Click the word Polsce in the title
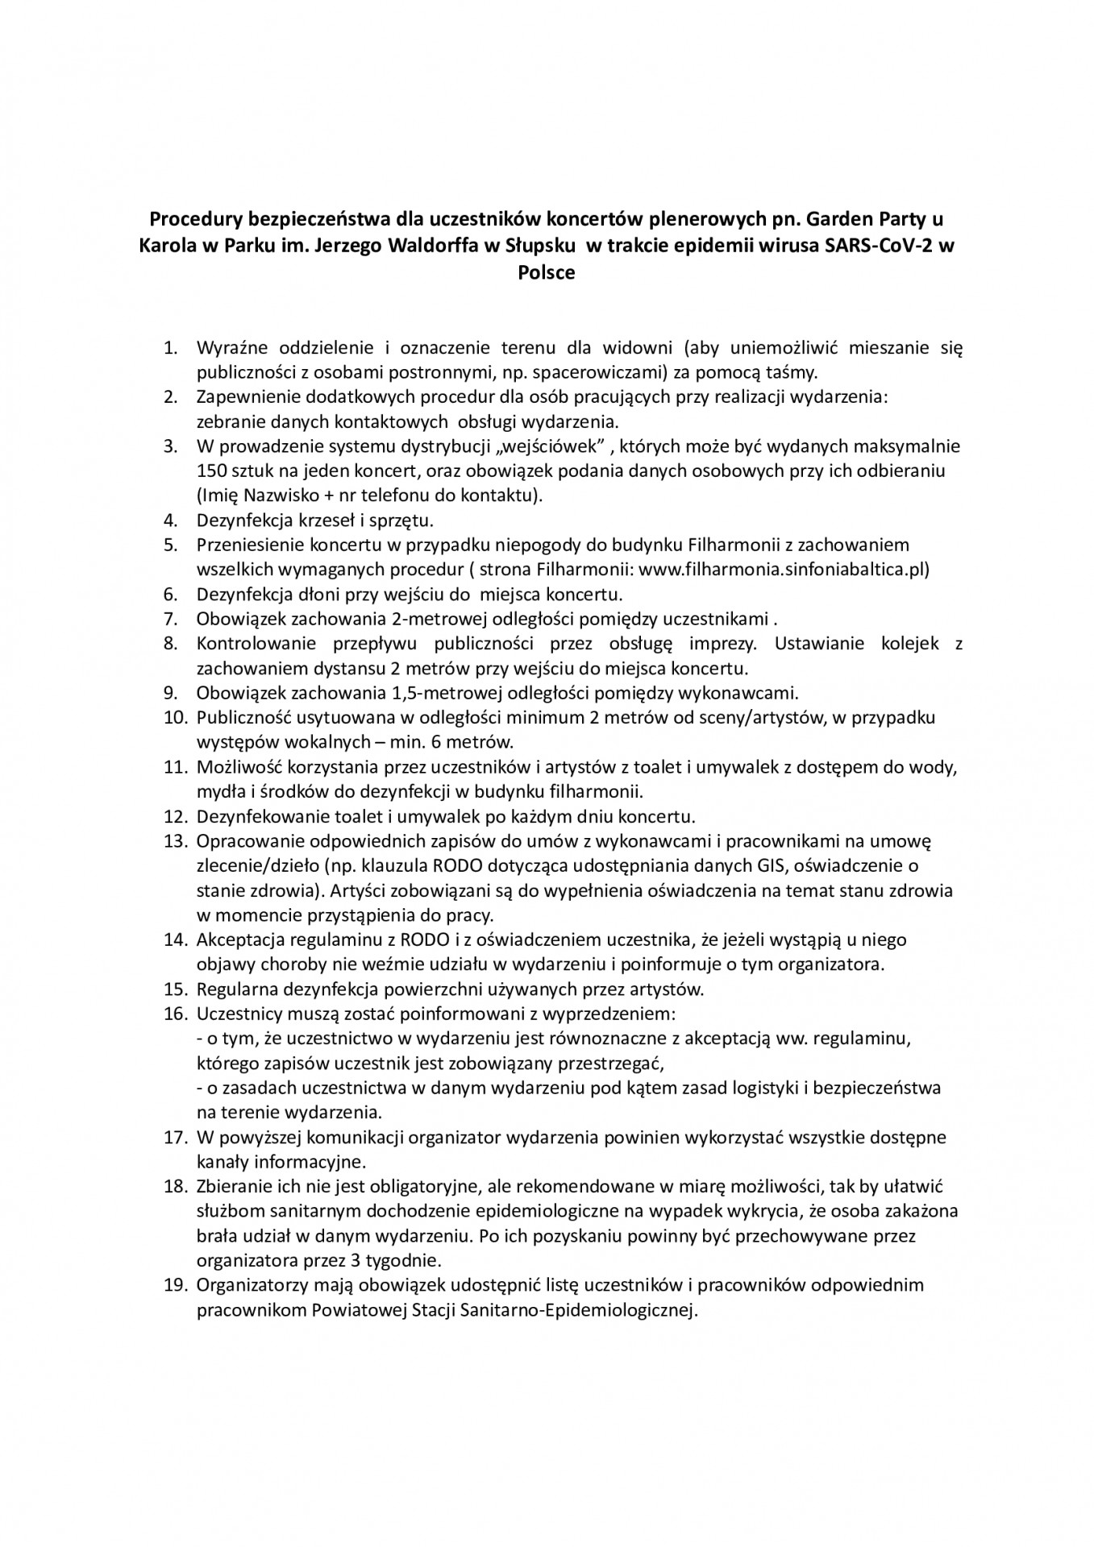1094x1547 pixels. (x=547, y=272)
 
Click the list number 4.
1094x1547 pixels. (x=170, y=521)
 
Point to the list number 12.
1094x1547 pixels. (x=174, y=816)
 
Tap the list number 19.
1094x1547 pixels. (x=174, y=1284)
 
